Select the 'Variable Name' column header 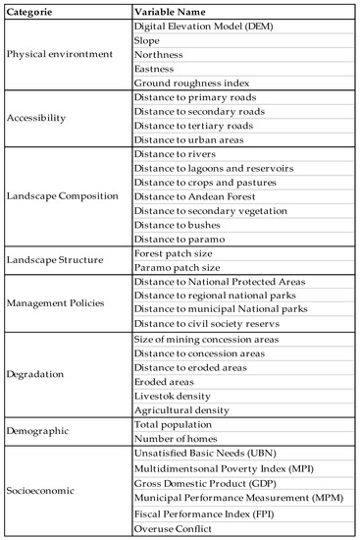tap(175, 12)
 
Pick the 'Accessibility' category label tap(38, 117)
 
